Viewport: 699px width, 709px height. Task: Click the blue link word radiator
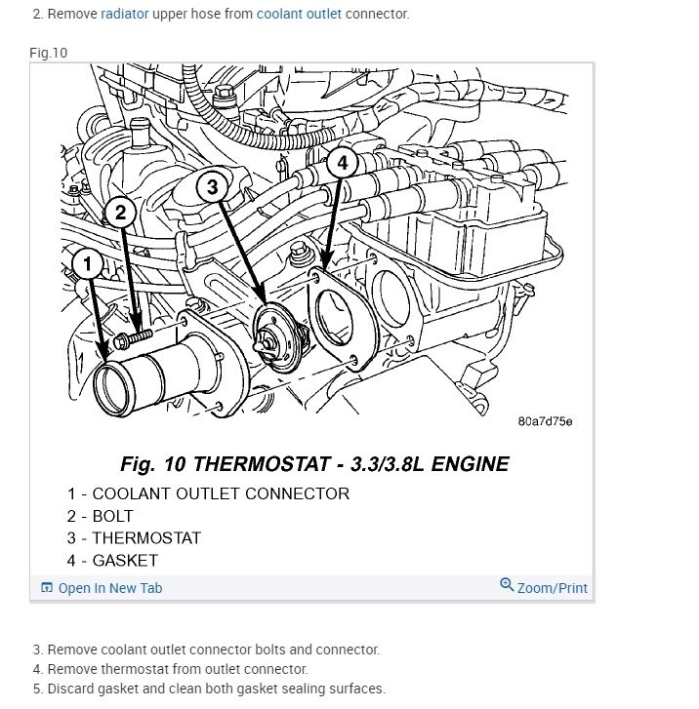(125, 15)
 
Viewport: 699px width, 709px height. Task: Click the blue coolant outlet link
(299, 15)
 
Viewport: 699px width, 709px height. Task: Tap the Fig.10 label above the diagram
(49, 52)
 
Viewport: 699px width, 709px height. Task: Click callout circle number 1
(87, 263)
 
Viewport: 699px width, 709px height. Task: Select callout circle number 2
(120, 213)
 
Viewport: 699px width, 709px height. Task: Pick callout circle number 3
(213, 186)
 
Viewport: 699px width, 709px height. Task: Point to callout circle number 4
(340, 163)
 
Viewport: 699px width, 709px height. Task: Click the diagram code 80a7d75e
(545, 422)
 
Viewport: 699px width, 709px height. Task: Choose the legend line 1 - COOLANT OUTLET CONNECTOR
(208, 493)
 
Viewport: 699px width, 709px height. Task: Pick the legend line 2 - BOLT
(101, 516)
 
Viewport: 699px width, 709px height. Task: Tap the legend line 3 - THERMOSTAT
(134, 538)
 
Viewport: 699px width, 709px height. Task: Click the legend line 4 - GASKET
(112, 561)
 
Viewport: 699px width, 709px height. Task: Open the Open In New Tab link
(109, 588)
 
